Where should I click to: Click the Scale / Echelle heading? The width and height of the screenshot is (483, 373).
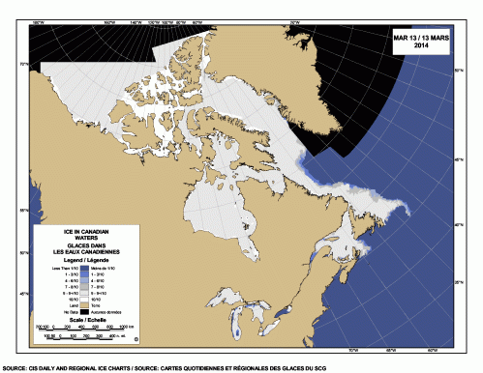click(85, 321)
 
